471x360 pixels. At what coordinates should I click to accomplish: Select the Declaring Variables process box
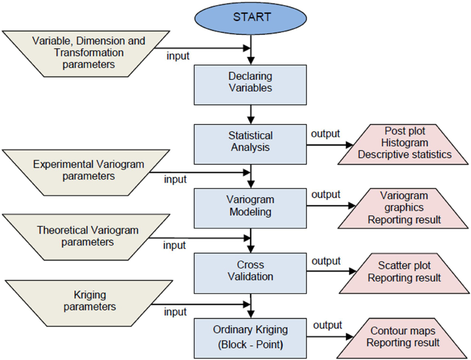tap(250, 82)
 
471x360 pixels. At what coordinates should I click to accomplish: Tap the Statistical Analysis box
tap(250, 141)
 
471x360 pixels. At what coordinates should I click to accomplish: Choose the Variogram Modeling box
tap(250, 206)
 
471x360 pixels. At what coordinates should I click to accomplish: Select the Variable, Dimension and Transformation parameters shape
tap(88, 53)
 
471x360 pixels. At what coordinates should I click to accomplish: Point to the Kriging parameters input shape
tap(88, 301)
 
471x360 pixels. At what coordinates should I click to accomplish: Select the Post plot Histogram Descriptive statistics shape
tap(404, 143)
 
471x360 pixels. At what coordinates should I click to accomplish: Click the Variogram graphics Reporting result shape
tap(404, 208)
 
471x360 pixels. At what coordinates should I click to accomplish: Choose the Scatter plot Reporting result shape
tap(404, 272)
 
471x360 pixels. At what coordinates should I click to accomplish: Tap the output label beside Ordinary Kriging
tap(327, 325)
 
